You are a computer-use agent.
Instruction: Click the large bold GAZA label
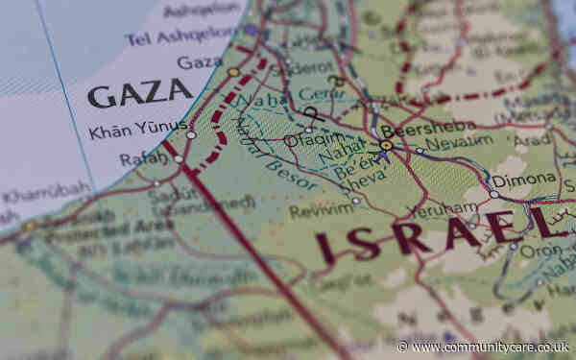[139, 93]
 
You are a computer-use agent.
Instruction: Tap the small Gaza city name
[200, 62]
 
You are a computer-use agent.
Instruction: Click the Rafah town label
[143, 158]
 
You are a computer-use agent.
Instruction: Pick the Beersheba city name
[416, 132]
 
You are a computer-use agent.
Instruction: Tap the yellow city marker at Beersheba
[385, 146]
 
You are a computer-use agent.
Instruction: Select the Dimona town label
[524, 180]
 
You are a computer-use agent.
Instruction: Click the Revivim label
[322, 209]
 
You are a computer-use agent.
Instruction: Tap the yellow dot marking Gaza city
[233, 72]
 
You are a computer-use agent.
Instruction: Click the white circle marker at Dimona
[493, 193]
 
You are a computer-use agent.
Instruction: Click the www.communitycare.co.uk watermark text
[490, 347]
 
